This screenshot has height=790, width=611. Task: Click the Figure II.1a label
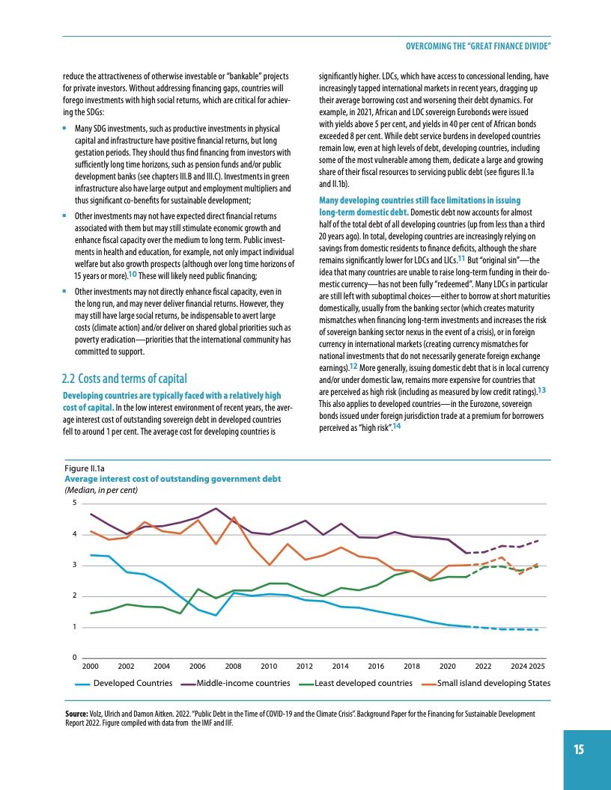[x=88, y=468]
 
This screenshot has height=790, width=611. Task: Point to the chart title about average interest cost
[x=173, y=479]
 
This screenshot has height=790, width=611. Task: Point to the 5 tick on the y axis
[x=73, y=503]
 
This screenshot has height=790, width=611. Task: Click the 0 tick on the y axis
[x=73, y=658]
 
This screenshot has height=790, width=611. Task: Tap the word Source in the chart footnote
[x=79, y=714]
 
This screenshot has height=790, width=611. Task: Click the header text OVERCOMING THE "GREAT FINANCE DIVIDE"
[x=478, y=46]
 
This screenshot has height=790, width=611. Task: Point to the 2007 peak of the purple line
[x=216, y=509]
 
